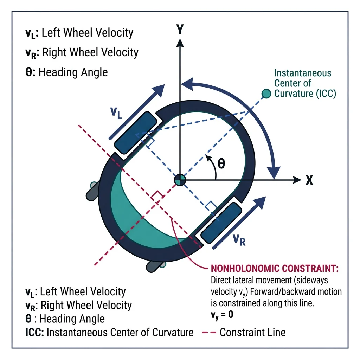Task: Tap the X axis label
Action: click(x=309, y=180)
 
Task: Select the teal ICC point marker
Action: click(x=266, y=93)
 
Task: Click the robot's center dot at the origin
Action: click(x=180, y=180)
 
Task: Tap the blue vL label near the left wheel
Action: click(x=116, y=113)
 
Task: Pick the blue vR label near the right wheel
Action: click(x=238, y=240)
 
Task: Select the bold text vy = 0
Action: click(x=221, y=314)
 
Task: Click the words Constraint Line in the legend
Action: click(x=252, y=332)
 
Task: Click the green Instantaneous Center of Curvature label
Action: click(x=302, y=83)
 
